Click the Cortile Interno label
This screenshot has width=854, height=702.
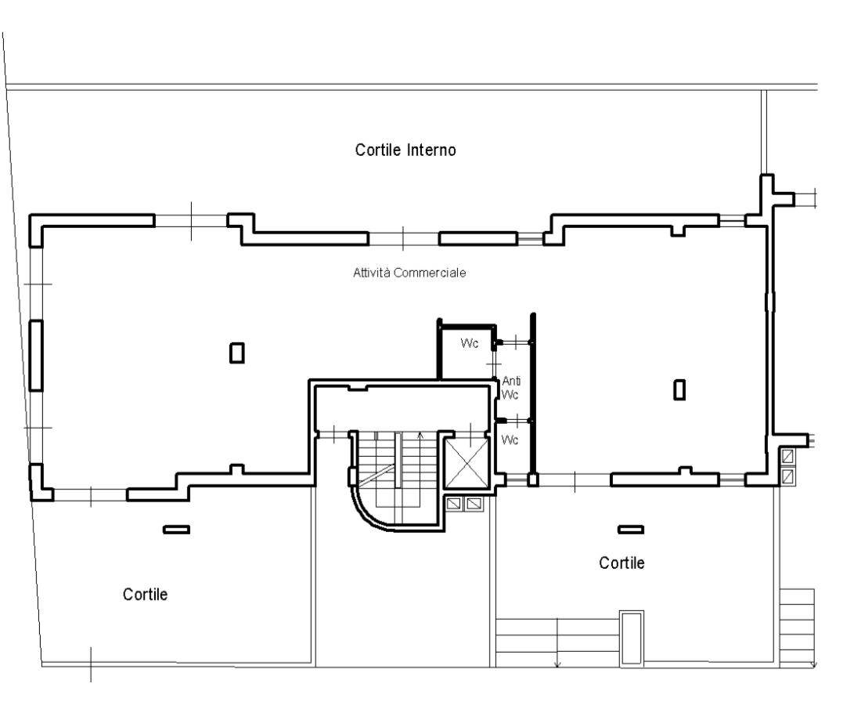405,150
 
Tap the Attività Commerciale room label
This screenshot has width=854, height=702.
409,273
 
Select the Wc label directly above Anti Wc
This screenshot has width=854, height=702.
470,343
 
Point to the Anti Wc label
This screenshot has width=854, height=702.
511,388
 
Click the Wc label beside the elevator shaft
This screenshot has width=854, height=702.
510,440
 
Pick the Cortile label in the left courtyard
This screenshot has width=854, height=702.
145,594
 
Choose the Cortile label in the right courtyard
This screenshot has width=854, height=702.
622,563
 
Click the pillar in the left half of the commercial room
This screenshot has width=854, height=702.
237,353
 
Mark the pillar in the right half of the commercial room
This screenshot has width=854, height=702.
679,389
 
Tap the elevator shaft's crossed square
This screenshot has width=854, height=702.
467,463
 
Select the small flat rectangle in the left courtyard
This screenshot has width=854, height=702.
176,529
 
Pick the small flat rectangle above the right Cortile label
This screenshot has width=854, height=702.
631,529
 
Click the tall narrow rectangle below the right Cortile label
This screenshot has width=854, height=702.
632,638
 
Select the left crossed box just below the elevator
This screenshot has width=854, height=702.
453,504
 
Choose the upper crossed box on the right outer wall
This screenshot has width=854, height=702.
787,456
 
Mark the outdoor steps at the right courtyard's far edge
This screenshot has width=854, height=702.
797,628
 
